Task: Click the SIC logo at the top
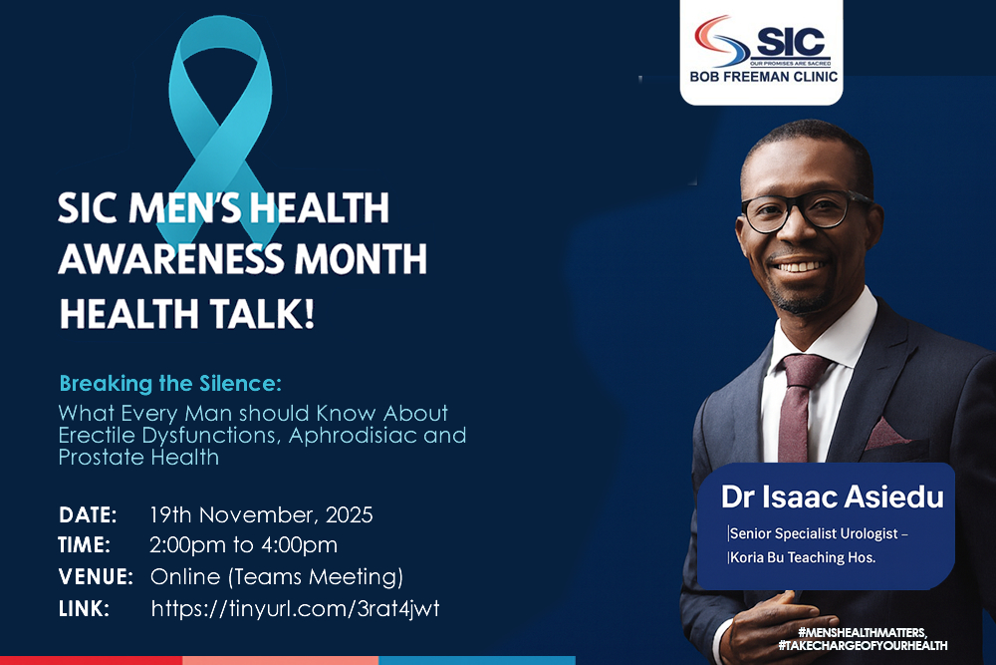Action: tap(761, 41)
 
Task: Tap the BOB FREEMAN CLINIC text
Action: tap(761, 77)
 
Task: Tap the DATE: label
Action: tap(88, 515)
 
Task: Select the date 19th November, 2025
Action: tap(261, 515)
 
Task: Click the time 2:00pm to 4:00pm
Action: tap(243, 545)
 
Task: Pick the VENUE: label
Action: tap(96, 576)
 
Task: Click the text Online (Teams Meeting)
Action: tap(276, 576)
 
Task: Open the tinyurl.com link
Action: tap(295, 608)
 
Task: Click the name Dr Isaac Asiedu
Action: tap(832, 497)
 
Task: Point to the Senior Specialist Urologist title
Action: tap(819, 534)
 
